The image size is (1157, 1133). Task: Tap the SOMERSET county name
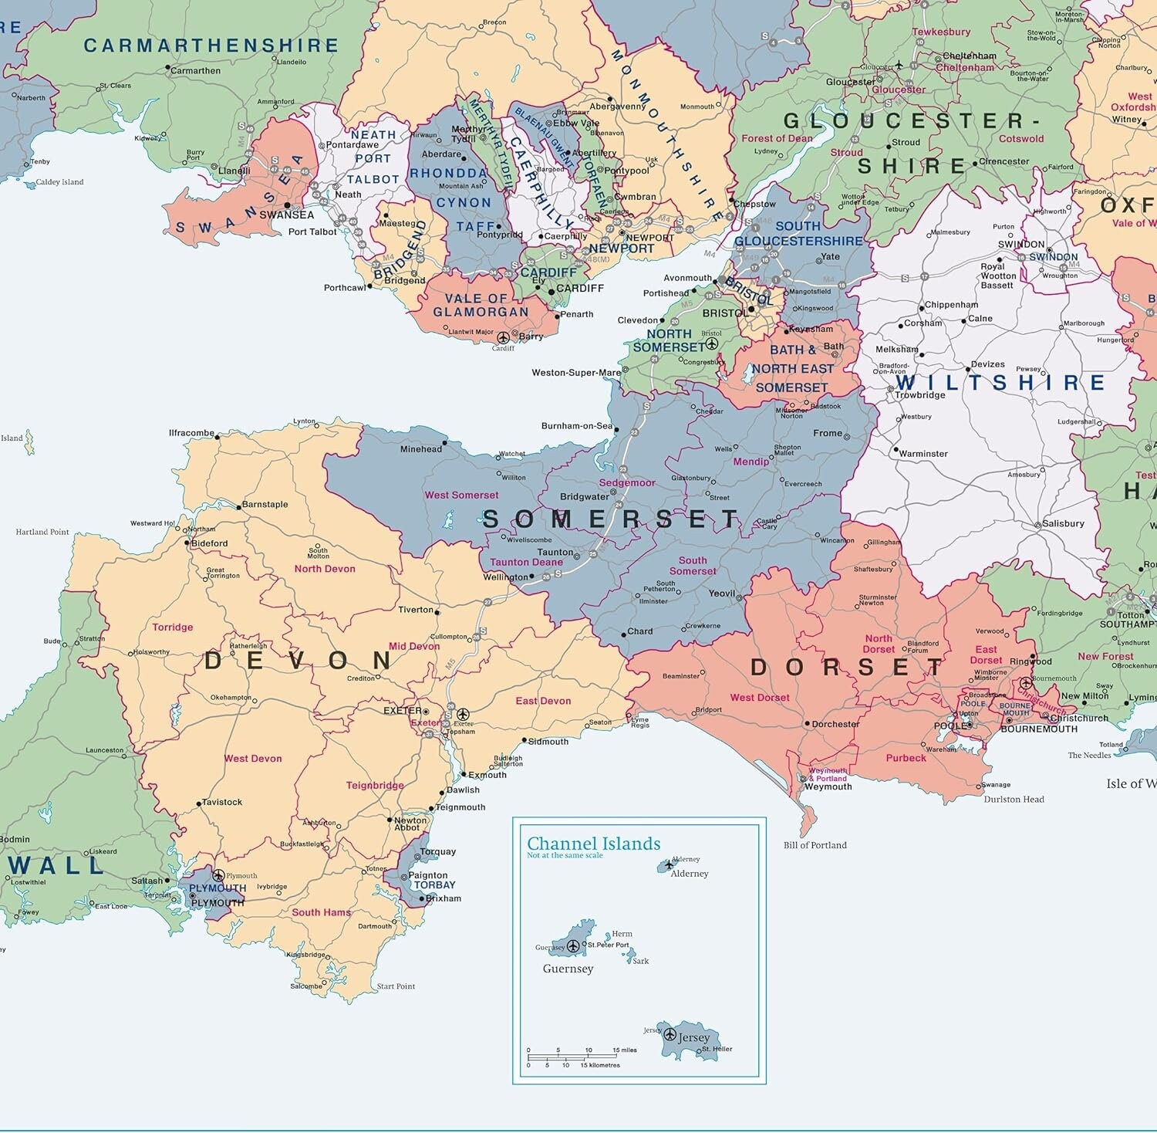611,519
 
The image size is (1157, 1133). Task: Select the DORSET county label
847,668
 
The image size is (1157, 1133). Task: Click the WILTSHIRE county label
1000,383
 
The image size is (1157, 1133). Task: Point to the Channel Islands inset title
593,844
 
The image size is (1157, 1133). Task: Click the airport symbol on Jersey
670,1034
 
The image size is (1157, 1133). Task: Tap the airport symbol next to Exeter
463,715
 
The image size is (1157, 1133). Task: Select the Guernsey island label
568,969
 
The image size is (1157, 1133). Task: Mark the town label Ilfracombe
191,433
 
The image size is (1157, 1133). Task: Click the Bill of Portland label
815,845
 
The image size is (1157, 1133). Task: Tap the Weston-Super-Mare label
575,373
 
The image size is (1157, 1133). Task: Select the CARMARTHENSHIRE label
211,46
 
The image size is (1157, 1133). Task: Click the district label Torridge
172,627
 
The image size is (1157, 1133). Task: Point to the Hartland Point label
42,532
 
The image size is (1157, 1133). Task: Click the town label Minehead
420,449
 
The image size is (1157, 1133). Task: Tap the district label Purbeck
906,758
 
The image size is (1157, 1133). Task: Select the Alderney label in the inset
689,874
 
